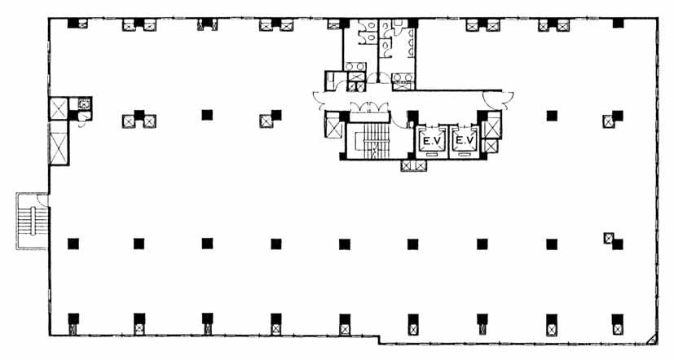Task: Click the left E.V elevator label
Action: [x=431, y=140]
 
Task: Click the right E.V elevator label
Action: [x=465, y=140]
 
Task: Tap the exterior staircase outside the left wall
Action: [x=33, y=222]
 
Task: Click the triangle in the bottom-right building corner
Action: [x=652, y=339]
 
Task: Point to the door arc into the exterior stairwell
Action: [x=42, y=200]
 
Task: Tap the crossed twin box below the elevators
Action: [x=413, y=165]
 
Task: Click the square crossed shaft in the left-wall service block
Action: [x=59, y=109]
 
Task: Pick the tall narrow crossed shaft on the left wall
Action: [x=59, y=148]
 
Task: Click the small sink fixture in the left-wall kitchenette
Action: [x=84, y=103]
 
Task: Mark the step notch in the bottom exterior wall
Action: [x=379, y=339]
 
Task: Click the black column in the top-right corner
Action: [x=618, y=23]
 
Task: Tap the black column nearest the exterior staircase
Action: [x=73, y=244]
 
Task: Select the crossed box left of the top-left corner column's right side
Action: [x=82, y=24]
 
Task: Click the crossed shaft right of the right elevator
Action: [x=491, y=128]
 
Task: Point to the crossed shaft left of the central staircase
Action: [x=333, y=128]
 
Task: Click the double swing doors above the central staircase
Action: [x=369, y=108]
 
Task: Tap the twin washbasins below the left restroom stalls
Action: [x=355, y=67]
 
